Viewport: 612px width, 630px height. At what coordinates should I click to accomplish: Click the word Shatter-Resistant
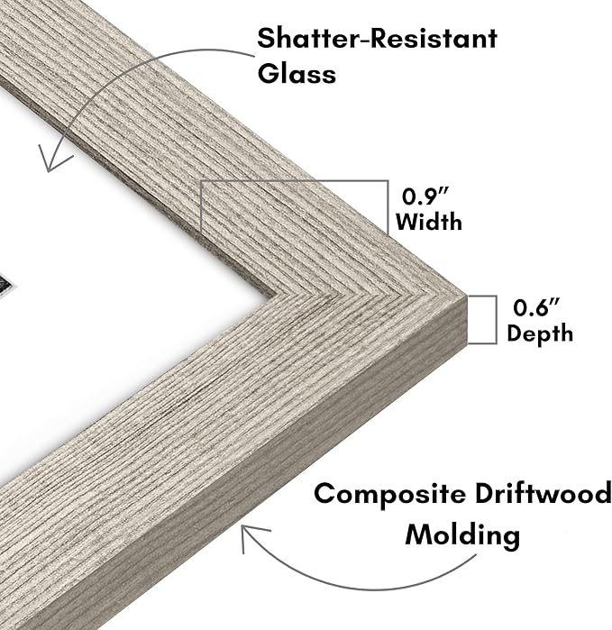click(377, 38)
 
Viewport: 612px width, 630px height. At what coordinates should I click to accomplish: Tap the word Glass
click(297, 74)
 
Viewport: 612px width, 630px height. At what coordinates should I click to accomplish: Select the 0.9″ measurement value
click(425, 196)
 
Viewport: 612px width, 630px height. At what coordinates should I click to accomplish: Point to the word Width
click(429, 222)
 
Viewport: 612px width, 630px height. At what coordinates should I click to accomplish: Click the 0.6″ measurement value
click(536, 307)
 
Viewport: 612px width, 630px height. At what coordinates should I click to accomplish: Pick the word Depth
click(540, 333)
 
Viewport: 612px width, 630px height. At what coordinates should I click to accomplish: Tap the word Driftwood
click(543, 493)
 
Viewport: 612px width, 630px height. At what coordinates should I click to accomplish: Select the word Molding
click(462, 535)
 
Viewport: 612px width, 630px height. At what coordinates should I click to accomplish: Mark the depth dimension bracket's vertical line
click(497, 320)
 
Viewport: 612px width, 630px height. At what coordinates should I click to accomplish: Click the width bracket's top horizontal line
click(295, 181)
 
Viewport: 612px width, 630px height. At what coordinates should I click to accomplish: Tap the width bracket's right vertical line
click(388, 207)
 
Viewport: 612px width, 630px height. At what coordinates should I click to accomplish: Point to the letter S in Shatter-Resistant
click(265, 39)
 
